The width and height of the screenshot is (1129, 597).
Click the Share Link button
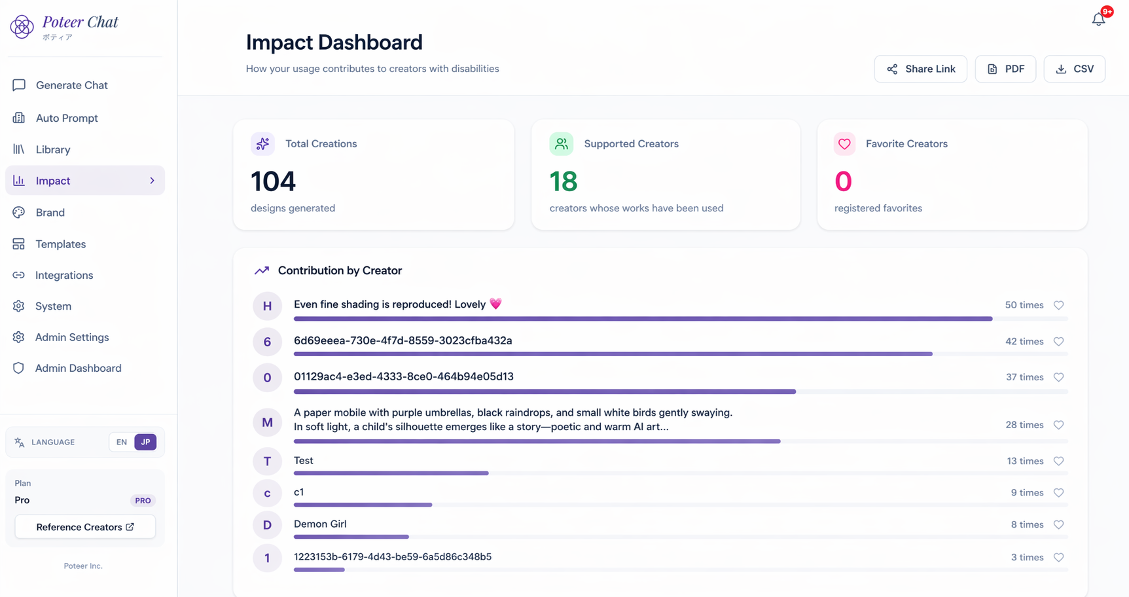coord(920,69)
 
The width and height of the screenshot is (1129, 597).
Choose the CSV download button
coord(1074,69)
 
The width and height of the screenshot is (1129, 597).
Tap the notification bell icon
coord(1099,19)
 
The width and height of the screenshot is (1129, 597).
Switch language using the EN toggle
coord(122,442)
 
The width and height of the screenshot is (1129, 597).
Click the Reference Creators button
coord(85,527)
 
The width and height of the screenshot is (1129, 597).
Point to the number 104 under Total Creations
coord(274,181)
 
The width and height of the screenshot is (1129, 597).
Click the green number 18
coord(564,181)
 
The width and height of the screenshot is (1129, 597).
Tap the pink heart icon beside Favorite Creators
coord(844,144)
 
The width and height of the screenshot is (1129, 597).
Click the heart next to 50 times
coord(1058,305)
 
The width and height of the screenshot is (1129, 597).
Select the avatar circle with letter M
coord(267,422)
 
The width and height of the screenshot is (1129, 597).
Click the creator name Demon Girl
coord(320,524)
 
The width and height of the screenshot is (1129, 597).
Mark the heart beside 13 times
coord(1058,461)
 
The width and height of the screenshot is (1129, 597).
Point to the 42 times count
coord(1024,342)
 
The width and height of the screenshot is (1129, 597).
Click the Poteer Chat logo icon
coord(22,27)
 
